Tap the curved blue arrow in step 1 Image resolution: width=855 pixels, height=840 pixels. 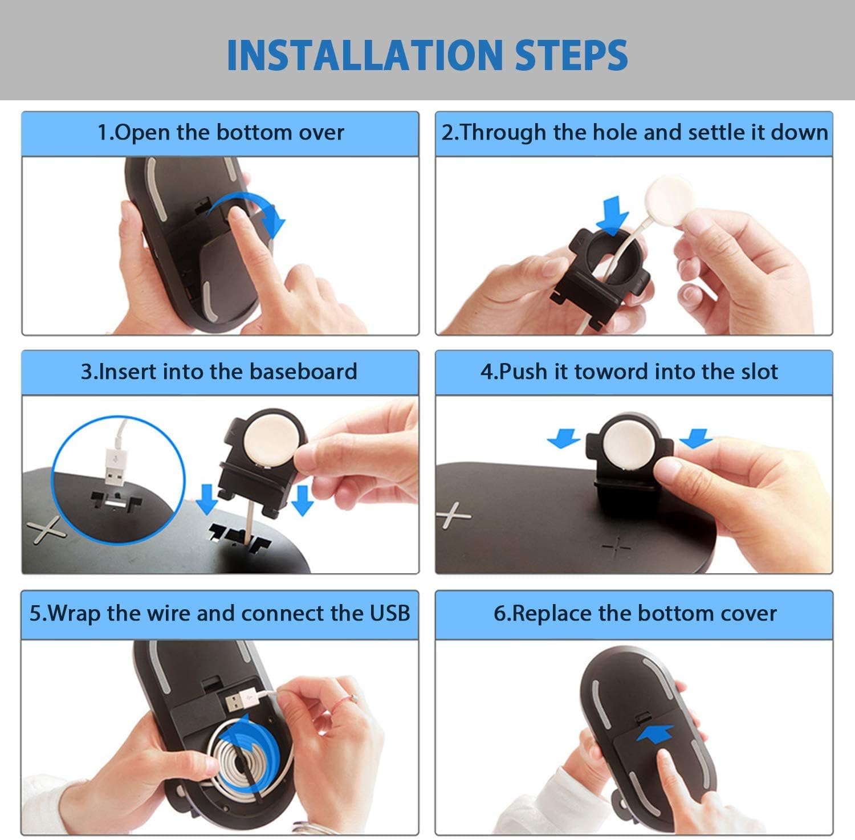(x=251, y=212)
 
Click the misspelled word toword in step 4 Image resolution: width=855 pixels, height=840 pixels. (x=611, y=372)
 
